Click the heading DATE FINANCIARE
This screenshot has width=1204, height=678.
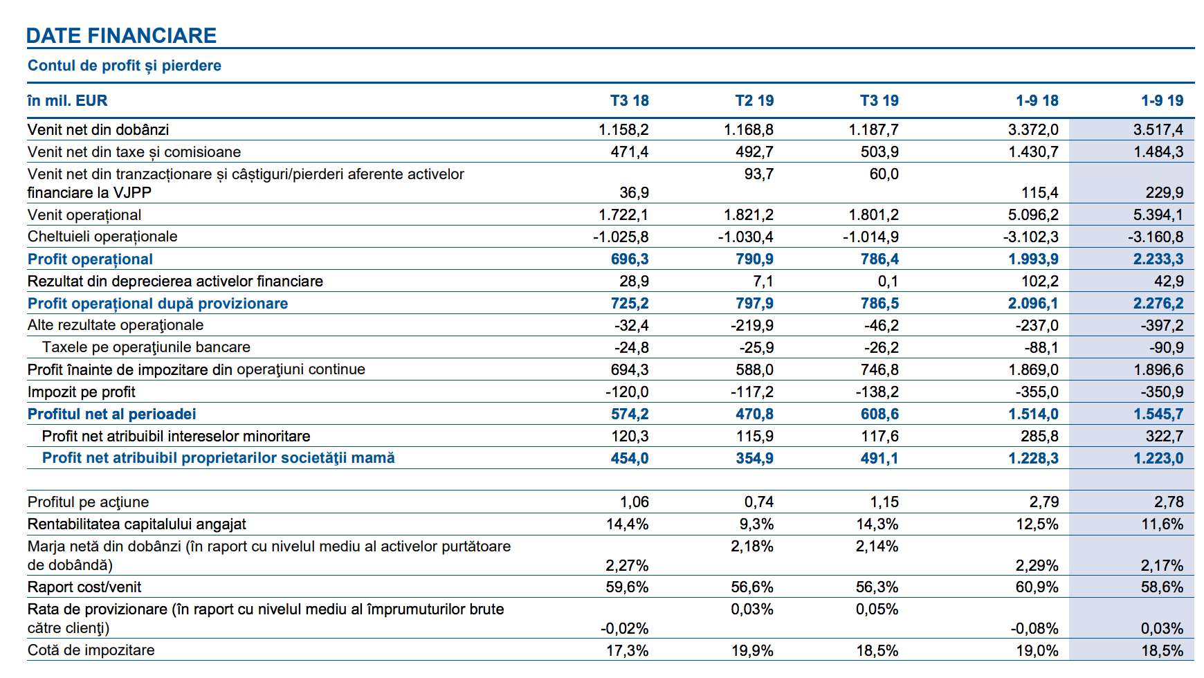[121, 35]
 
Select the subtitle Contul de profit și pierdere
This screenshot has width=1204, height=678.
[125, 66]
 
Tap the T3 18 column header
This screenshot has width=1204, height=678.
[630, 101]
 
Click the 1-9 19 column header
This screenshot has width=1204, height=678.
[1162, 101]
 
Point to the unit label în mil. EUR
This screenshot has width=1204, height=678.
[67, 101]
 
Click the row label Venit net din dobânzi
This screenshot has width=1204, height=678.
[98, 130]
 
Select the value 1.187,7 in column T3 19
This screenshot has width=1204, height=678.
[874, 130]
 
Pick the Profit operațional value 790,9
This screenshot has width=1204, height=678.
[755, 259]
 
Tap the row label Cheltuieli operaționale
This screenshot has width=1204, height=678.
[102, 237]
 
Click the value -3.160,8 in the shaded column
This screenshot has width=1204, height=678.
[1156, 237]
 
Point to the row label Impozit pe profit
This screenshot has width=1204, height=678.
[82, 392]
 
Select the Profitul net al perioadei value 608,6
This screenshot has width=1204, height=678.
[879, 414]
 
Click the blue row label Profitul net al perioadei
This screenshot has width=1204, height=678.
[112, 414]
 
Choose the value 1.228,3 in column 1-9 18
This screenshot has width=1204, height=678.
[1033, 458]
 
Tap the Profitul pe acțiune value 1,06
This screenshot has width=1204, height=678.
[635, 502]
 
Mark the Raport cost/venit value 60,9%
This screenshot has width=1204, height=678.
[1037, 587]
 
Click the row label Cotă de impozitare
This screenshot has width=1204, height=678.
[91, 650]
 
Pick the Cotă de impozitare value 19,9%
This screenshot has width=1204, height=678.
[753, 651]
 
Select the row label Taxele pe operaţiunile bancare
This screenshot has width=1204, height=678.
[146, 347]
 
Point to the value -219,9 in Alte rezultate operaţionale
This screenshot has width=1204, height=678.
[752, 325]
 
